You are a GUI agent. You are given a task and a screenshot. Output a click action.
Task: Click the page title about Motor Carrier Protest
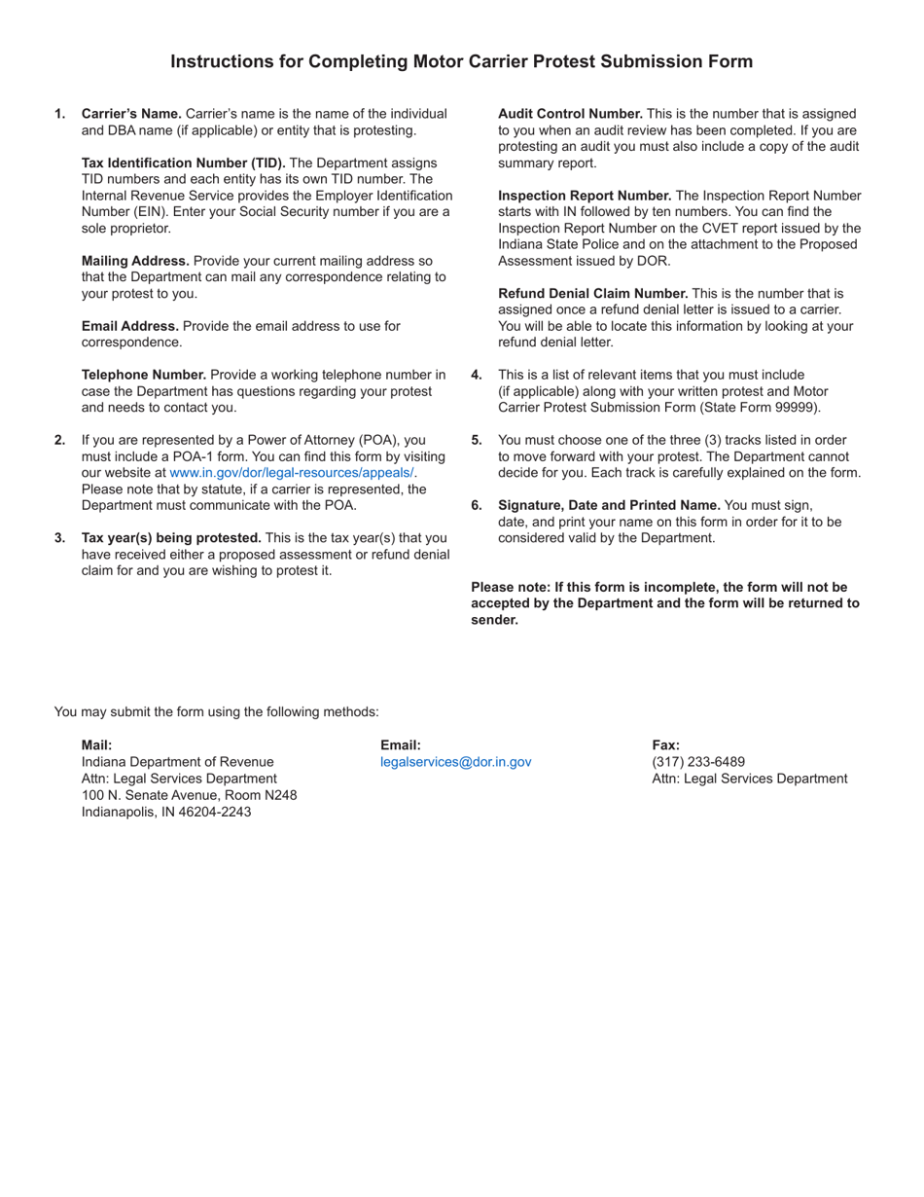461,61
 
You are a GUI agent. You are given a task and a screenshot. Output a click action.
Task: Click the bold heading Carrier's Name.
131,114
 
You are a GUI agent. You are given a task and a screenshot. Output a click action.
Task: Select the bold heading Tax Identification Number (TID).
183,163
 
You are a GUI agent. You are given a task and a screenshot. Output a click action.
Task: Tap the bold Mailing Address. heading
135,261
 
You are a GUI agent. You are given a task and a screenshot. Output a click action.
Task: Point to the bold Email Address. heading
130,326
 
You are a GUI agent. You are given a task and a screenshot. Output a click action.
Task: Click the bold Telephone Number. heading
144,375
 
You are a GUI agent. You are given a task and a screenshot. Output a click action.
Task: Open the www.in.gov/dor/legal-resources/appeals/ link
293,473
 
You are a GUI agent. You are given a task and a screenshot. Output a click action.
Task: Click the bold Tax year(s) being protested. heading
171,538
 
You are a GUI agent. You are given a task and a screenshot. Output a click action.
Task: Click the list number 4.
477,375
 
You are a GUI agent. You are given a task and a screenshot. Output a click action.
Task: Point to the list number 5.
477,440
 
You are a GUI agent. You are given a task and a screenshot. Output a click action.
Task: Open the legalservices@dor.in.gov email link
456,762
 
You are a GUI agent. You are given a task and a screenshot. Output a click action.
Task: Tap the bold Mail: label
97,745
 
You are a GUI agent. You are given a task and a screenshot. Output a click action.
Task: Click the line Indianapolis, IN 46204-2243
166,812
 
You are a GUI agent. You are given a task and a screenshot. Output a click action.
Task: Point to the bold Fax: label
666,745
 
